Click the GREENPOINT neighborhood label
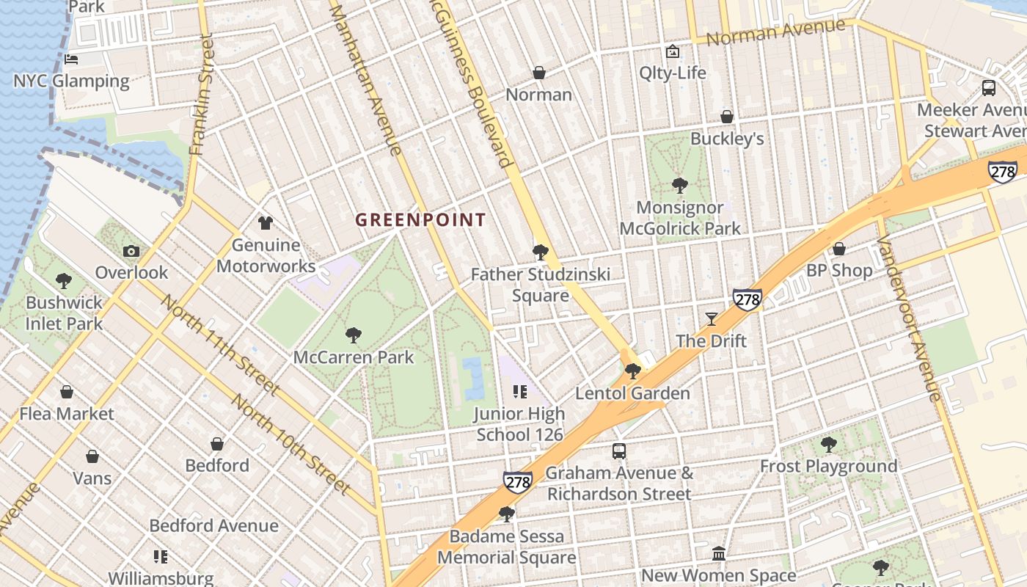pos(420,219)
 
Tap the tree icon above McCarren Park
pos(354,335)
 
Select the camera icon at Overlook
pos(131,252)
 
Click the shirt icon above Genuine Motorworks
pos(265,222)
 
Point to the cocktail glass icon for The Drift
pos(711,318)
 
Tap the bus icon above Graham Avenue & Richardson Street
pos(619,451)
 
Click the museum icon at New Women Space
pos(719,553)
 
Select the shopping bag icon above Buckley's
pos(727,117)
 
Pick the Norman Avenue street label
pos(775,32)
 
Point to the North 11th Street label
pos(220,345)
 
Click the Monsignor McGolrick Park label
pos(680,218)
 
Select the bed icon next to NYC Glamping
pos(71,59)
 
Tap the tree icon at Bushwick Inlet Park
pos(64,280)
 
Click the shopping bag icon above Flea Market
pos(67,392)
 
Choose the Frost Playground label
pos(828,466)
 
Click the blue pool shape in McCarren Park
pos(473,378)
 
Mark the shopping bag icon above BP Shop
pos(839,249)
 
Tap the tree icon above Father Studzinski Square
pos(541,252)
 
